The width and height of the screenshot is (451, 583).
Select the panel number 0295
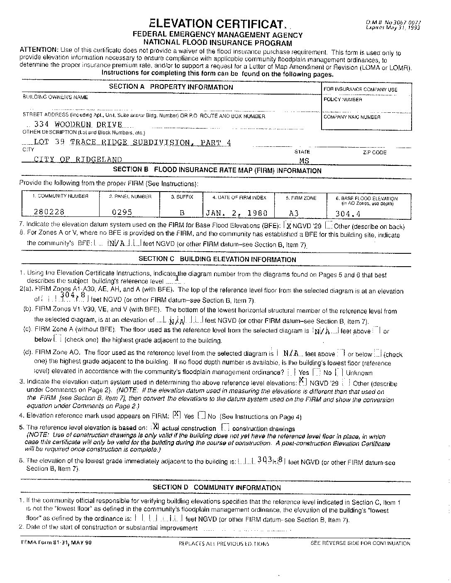pyautogui.click(x=122, y=212)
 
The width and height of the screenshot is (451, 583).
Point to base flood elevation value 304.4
pyautogui.click(x=348, y=214)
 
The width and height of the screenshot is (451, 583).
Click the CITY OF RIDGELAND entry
pyautogui.click(x=78, y=160)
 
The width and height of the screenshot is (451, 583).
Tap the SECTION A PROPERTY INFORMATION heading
pyautogui.click(x=171, y=87)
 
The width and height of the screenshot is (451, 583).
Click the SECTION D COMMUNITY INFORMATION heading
pyautogui.click(x=217, y=488)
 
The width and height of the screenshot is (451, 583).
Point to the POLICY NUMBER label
pyautogui.click(x=343, y=100)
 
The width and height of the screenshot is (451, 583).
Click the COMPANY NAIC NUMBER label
pyautogui.click(x=352, y=117)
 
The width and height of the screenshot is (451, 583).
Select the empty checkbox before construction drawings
pyautogui.click(x=226, y=427)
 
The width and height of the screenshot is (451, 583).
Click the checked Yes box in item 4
pyautogui.click(x=177, y=414)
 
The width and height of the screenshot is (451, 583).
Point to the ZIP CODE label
pyautogui.click(x=374, y=153)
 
